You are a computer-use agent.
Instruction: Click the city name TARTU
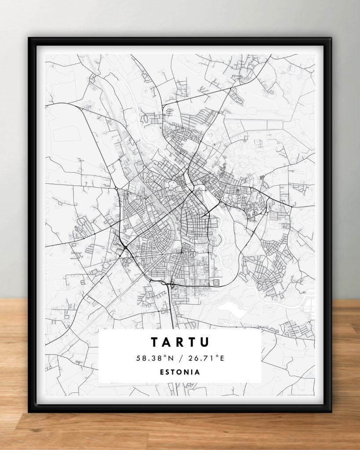coord(180,342)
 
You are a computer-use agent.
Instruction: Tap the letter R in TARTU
coord(180,342)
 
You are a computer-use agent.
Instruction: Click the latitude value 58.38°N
coord(153,358)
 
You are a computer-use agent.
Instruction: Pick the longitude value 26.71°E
coord(206,358)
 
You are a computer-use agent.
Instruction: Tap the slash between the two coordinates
coord(180,358)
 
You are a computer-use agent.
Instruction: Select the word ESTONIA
coord(180,372)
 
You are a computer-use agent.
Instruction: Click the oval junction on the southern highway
coord(171,286)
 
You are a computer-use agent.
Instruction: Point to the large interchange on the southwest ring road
coord(126,250)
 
